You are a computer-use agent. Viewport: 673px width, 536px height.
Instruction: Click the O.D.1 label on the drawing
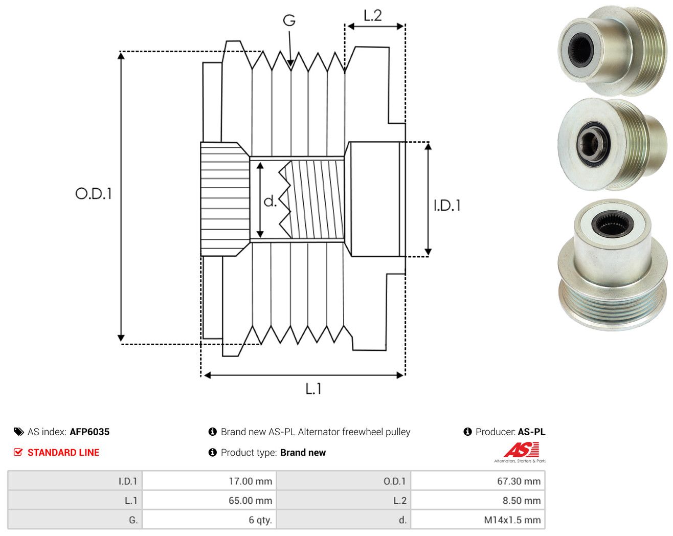point(94,193)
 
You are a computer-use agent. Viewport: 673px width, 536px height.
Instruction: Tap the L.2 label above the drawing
point(373,15)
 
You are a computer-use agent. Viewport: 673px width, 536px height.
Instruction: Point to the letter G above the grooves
point(289,20)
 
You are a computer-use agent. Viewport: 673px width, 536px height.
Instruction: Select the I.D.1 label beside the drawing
point(447,206)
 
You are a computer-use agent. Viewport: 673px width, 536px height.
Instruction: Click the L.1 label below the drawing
point(313,389)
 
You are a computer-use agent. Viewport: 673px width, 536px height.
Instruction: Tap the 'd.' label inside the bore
point(270,201)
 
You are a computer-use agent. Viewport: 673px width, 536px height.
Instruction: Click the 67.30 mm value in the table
point(519,481)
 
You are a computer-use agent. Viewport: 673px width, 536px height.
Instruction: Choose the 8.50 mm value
point(522,500)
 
